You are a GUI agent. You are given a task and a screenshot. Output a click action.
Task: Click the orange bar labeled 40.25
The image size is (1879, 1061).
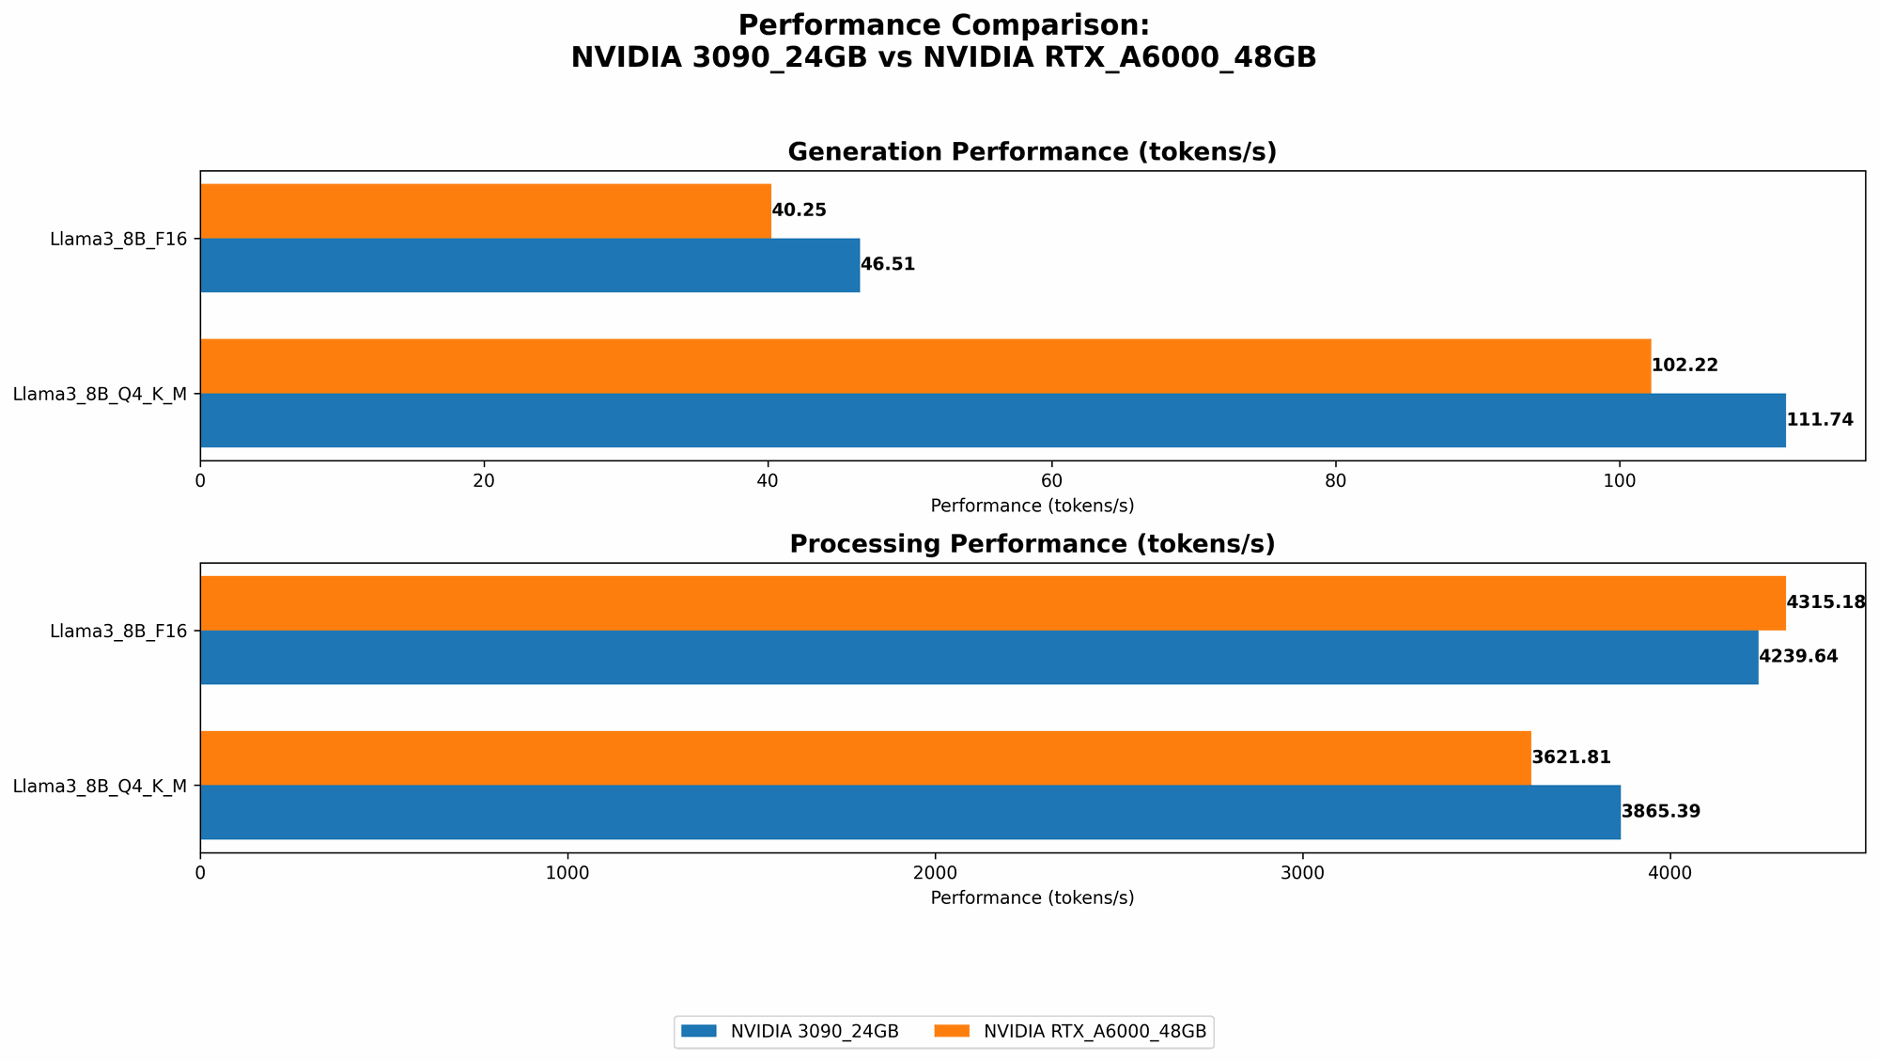click(x=485, y=211)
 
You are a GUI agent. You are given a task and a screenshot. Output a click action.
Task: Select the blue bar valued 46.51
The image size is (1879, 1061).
click(x=529, y=265)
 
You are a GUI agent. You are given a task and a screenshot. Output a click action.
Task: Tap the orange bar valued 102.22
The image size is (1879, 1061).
click(x=924, y=366)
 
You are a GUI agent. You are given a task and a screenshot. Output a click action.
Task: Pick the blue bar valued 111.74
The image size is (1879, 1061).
click(x=992, y=420)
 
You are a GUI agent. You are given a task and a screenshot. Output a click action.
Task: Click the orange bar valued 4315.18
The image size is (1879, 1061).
click(x=992, y=602)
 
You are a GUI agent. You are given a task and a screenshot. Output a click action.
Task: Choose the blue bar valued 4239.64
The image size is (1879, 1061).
click(x=978, y=657)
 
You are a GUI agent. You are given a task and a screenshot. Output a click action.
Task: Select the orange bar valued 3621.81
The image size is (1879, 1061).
click(x=864, y=757)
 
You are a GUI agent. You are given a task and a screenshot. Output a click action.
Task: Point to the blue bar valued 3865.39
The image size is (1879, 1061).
click(x=909, y=812)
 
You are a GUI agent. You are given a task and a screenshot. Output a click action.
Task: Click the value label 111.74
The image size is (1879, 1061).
click(x=1820, y=420)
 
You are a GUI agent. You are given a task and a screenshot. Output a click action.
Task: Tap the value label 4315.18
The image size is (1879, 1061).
click(x=1825, y=602)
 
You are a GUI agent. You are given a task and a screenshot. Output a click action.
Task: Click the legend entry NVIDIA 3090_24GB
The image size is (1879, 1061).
click(x=789, y=1032)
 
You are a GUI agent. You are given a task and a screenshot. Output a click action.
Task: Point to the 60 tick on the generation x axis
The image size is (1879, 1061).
click(x=1051, y=480)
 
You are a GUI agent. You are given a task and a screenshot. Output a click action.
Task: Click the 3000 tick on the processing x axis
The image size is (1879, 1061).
click(x=1302, y=873)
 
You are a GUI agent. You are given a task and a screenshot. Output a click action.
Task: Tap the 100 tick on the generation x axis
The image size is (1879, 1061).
click(x=1619, y=480)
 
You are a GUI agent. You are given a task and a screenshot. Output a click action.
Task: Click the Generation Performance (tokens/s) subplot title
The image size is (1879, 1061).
click(x=1032, y=152)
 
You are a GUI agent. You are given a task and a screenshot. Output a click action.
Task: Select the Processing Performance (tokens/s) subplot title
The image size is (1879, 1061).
click(x=1032, y=544)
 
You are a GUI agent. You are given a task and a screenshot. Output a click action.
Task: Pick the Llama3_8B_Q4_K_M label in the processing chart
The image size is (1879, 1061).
click(x=100, y=786)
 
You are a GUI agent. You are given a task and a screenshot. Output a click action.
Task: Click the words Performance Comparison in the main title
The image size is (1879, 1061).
click(x=943, y=25)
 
